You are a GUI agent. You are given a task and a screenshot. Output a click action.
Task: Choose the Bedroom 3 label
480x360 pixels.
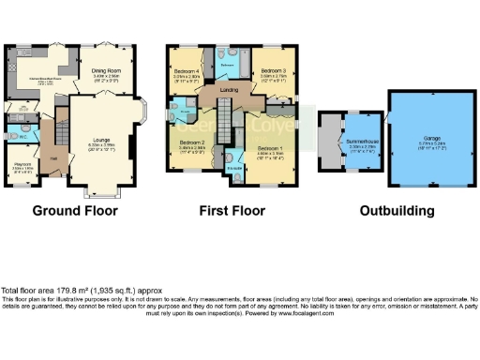pos(274,71)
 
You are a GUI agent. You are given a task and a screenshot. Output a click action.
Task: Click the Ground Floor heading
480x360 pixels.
pos(75,211)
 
